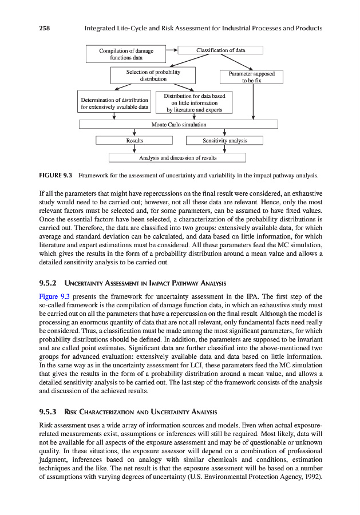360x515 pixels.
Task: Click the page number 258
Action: (x=45, y=28)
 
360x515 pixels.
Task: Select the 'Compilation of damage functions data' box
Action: (x=126, y=54)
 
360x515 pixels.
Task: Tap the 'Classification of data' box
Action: (x=220, y=50)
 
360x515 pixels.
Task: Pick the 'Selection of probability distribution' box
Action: (x=153, y=76)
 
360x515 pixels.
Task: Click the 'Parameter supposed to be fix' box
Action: (x=251, y=77)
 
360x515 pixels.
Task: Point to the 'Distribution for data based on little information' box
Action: (x=194, y=102)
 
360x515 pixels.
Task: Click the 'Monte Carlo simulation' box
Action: (x=178, y=124)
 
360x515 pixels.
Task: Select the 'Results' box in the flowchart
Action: (x=134, y=140)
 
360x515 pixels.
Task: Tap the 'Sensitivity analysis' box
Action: (x=225, y=140)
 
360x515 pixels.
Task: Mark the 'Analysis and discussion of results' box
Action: (x=177, y=157)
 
